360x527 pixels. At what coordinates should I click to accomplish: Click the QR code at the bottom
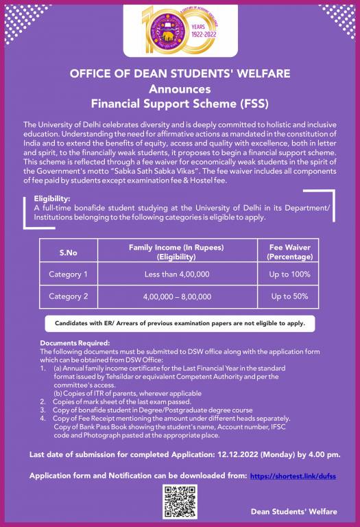click(180, 501)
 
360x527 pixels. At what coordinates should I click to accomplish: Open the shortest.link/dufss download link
click(293, 475)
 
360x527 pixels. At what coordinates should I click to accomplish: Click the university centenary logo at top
click(180, 27)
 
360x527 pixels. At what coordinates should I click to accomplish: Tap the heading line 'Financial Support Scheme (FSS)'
click(180, 104)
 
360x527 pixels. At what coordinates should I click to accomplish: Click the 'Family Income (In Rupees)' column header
click(177, 251)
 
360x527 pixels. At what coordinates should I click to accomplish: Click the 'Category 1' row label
click(68, 275)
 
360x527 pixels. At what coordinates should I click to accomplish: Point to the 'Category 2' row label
click(68, 297)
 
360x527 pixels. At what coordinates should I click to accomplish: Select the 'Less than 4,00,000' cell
click(177, 275)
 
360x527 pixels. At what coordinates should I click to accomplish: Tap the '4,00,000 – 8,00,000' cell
click(177, 297)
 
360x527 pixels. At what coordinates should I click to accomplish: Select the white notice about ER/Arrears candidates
click(180, 322)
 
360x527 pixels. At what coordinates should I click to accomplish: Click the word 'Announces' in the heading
click(180, 89)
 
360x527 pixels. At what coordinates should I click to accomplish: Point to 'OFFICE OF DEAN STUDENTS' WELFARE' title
click(180, 73)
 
